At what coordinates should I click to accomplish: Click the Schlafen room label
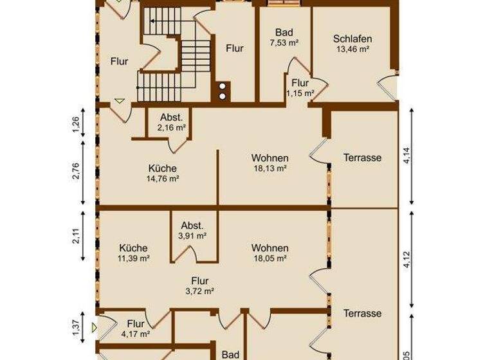352,39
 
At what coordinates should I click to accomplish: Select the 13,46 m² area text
352,48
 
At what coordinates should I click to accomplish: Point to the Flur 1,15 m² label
300,88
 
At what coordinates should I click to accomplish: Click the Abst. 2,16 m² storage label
171,123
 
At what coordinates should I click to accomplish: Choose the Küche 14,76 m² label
162,174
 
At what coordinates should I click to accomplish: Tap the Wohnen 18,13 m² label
270,163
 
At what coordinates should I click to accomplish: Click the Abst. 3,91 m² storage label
192,230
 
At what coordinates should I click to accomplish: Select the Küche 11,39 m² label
134,253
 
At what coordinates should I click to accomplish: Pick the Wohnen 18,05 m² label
270,253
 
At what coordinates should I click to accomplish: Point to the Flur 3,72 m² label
199,285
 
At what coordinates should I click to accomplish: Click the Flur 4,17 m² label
136,328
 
